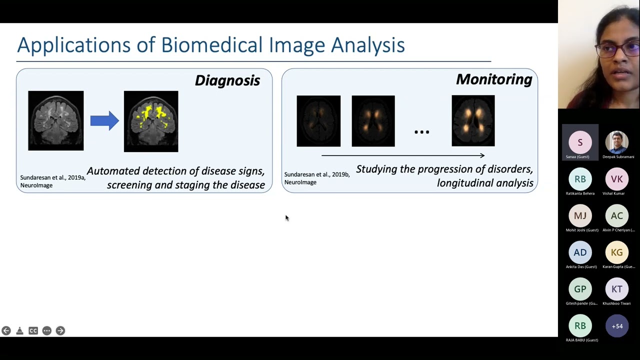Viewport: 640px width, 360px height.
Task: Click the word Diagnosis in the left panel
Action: pos(227,80)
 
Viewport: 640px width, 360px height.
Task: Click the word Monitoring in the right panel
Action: pos(493,79)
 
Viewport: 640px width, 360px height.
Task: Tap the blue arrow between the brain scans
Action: pos(104,120)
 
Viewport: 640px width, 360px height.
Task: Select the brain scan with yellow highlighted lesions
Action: pos(151,121)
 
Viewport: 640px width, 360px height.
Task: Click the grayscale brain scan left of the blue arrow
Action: pos(56,120)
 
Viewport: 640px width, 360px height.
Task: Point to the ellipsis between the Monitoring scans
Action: pos(421,132)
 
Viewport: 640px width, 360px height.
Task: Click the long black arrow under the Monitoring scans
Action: pos(403,155)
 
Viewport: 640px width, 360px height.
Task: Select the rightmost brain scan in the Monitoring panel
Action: pos(473,121)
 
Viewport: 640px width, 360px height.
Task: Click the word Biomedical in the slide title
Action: pos(212,45)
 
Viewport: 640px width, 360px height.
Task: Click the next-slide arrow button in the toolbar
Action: pos(60,330)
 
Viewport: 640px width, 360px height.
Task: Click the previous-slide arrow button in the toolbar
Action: pos(6,330)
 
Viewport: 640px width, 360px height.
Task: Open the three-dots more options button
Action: pos(46,330)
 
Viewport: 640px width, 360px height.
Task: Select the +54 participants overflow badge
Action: pos(617,326)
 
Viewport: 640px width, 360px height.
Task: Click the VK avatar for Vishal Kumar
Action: pos(616,179)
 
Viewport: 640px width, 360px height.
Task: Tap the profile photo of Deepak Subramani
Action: pos(616,142)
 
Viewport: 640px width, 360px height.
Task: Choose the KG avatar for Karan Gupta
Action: pos(616,252)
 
